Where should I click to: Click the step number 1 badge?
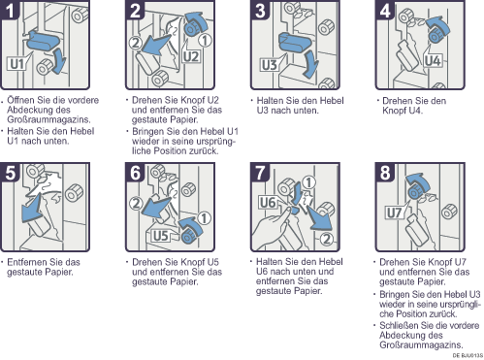coord(10,10)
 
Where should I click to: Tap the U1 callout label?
coord(17,64)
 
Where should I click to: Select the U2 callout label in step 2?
coord(191,57)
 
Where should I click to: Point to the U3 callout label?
coord(270,65)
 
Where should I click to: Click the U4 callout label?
coord(433,60)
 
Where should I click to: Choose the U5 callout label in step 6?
coord(161,236)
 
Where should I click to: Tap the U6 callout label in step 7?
coord(268,203)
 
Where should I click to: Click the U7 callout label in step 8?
coord(395,213)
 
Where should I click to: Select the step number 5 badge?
coord(10,172)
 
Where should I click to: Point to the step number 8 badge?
coord(385,172)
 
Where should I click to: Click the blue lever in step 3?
coord(294,42)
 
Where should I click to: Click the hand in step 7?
coord(272,226)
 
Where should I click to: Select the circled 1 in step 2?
coord(205,40)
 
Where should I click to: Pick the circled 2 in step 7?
coord(327,239)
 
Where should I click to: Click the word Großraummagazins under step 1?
coord(48,119)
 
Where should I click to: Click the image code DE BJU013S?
coord(468,356)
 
